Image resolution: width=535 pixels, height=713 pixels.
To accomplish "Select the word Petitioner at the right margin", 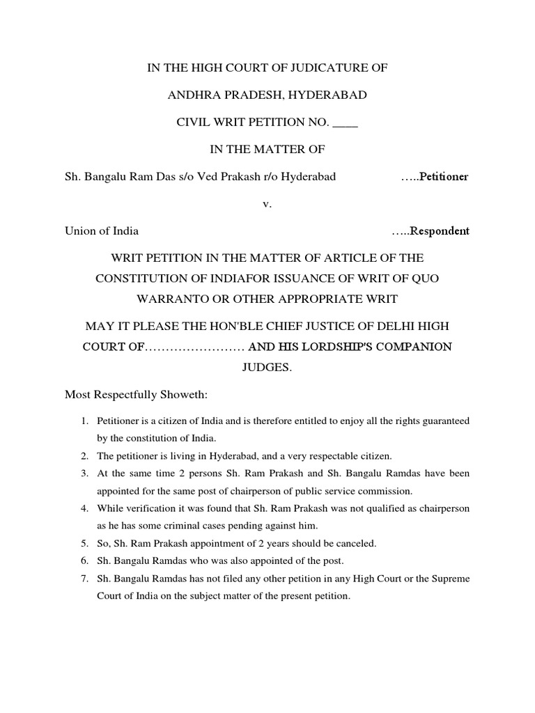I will coord(443,177).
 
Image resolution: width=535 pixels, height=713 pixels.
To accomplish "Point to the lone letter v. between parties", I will coord(267,204).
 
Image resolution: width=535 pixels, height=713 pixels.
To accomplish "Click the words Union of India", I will coord(102,231).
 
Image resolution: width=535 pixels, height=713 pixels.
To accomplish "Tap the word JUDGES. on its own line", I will coord(267,367).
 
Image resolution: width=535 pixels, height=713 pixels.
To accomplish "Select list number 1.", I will coord(83,421).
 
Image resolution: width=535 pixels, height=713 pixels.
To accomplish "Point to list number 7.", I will coord(83,579).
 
